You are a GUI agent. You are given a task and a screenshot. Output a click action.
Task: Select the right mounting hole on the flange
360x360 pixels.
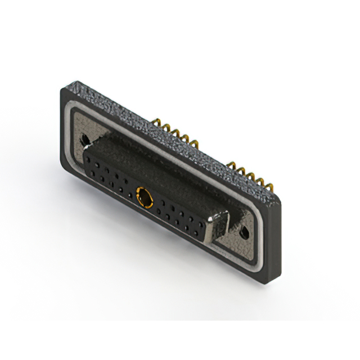coord(245,232)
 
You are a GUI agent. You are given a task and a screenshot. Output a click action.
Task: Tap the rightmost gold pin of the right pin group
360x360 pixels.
coord(262,182)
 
